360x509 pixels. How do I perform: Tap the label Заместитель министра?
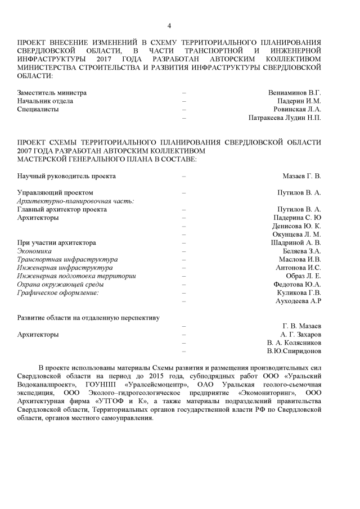[x=52, y=92]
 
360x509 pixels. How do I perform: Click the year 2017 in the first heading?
[x=105, y=58]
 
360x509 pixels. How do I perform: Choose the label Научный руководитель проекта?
[x=67, y=176]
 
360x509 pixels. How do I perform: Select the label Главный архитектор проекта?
[x=62, y=209]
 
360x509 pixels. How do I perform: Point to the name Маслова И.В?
[x=299, y=259]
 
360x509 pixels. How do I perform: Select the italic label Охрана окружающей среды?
[x=60, y=285]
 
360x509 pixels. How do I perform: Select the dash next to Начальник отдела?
[x=184, y=101]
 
